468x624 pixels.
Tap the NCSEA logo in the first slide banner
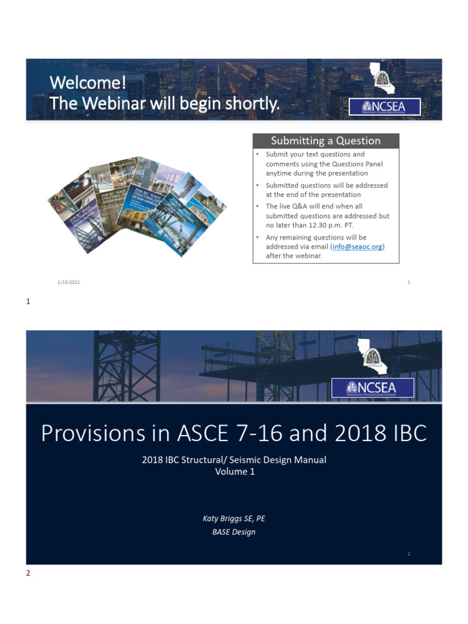(376, 107)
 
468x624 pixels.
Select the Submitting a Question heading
(325, 141)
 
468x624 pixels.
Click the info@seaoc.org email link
(358, 246)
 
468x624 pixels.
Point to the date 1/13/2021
(69, 283)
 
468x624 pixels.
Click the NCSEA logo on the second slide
(373, 388)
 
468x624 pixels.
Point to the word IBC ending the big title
(406, 433)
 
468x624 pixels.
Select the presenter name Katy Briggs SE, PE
(234, 519)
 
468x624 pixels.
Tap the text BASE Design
(234, 532)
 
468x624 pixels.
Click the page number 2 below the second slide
(28, 573)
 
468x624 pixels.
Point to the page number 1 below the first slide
(28, 301)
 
